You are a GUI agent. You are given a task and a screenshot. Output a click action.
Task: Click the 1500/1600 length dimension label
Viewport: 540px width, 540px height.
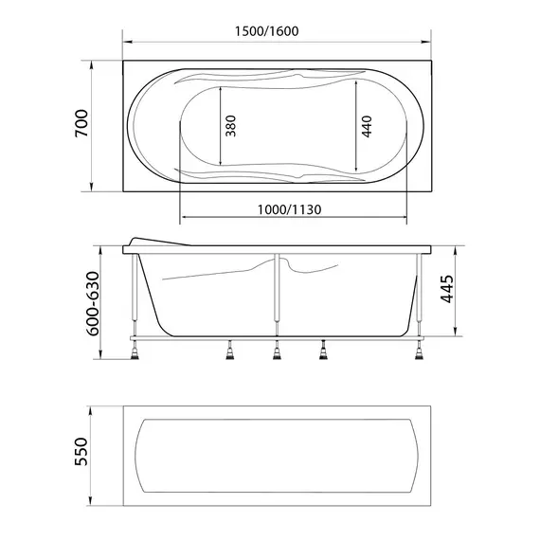point(266,31)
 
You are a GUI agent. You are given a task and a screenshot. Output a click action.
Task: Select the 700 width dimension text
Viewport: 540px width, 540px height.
point(81,123)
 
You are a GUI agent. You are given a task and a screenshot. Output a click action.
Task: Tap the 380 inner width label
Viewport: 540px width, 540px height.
point(231,126)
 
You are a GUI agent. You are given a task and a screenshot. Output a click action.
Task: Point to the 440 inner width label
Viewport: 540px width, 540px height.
point(368,126)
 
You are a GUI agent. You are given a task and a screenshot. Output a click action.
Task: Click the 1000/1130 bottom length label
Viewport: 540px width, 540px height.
point(290,209)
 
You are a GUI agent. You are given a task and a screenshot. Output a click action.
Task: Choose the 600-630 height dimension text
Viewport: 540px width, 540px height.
point(93,303)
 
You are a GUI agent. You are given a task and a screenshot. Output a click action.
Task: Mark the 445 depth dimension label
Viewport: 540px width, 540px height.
point(447,289)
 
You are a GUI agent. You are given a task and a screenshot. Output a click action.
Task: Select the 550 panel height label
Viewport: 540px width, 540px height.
point(81,452)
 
